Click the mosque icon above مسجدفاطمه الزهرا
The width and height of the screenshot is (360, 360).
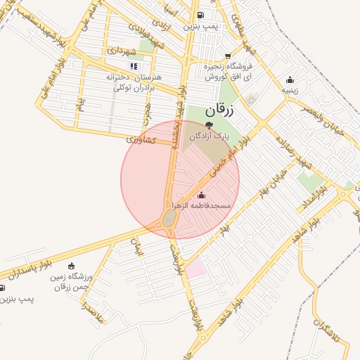[x=202, y=194]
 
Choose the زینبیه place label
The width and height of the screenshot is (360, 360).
[x=290, y=90]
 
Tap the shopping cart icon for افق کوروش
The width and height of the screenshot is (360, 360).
[x=229, y=56]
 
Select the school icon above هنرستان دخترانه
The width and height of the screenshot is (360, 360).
[x=134, y=67]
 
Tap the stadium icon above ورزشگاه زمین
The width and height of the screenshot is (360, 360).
[x=70, y=266]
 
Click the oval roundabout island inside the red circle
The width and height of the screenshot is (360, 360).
[x=169, y=221]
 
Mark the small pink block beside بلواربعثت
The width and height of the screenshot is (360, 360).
[x=196, y=267]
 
